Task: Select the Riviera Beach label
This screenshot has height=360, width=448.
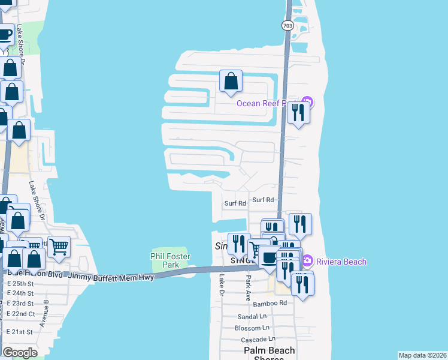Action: [x=342, y=262]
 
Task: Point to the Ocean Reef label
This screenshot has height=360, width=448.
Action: [x=264, y=103]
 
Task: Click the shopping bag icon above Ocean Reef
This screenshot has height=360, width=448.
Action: [x=231, y=81]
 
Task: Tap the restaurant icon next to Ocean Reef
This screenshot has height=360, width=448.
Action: [x=298, y=112]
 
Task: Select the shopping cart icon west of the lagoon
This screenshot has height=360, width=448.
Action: [x=59, y=246]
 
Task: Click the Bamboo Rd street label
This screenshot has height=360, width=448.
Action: [x=270, y=304]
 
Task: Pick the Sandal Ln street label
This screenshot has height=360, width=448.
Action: [x=252, y=316]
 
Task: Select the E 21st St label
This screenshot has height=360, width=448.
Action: [x=20, y=332]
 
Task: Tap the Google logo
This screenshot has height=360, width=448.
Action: [x=20, y=353]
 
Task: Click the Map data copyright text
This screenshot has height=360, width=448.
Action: [x=422, y=355]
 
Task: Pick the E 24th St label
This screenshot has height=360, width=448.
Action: [x=20, y=293]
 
